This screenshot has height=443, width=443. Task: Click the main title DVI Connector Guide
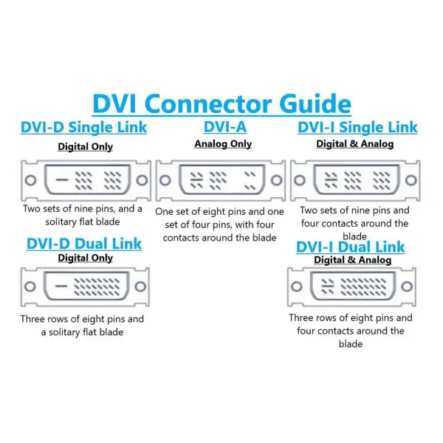221,103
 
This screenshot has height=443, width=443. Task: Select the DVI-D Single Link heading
84,127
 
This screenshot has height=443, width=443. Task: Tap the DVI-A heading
225,126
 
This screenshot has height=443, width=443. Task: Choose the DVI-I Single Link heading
357,127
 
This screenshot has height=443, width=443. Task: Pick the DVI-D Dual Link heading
84,244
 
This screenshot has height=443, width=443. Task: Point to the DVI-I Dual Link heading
350,247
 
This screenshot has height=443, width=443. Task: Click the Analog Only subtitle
223,144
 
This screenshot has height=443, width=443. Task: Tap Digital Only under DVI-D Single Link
86,147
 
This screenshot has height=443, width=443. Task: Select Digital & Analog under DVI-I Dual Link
353,260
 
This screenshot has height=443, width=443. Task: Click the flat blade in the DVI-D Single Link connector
62,179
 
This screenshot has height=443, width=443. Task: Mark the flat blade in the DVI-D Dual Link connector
61,286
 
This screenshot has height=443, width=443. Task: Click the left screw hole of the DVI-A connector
165,180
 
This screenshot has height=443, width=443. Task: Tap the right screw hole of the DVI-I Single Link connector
411,180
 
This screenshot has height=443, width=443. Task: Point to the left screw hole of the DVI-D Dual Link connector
30,286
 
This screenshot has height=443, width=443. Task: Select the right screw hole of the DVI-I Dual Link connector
407,286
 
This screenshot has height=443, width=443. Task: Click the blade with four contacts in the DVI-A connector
196,180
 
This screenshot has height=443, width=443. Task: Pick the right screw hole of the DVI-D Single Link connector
142,180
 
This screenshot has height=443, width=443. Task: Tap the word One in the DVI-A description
164,212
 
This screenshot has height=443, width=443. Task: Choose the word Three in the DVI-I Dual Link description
301,317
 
